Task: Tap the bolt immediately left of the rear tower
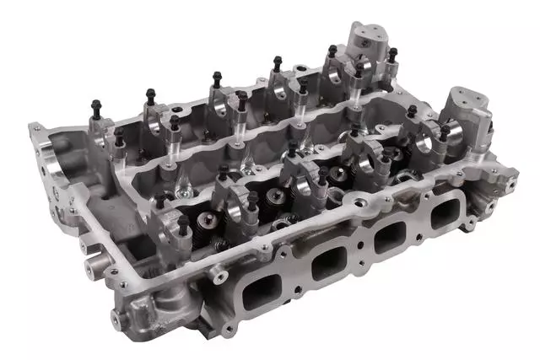coord(332,52)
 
